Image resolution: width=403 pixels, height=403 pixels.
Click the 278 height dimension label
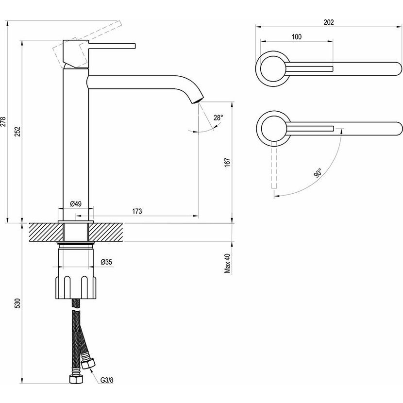point(4,121)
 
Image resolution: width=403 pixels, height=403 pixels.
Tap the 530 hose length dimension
point(17,304)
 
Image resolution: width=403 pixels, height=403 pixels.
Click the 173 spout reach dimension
point(137,211)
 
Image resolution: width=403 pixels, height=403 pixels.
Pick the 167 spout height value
point(227,162)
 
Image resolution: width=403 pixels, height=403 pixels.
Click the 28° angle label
point(218,117)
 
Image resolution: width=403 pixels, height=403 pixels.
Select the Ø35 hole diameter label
point(106,262)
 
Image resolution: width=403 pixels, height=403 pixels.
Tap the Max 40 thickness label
point(227,264)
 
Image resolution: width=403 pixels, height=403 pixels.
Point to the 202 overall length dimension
point(328,22)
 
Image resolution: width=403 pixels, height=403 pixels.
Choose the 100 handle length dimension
point(297,37)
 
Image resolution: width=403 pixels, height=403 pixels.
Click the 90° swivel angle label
point(318,173)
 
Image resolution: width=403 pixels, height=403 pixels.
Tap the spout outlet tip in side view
point(198,100)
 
